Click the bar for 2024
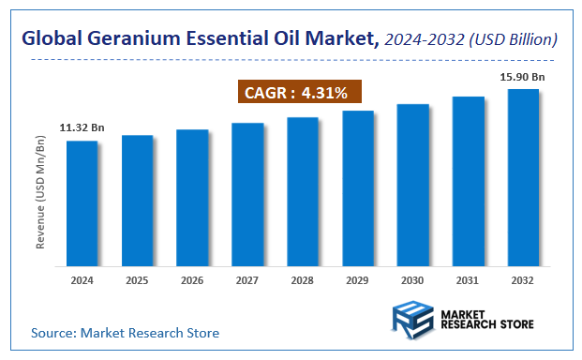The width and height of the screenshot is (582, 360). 82,202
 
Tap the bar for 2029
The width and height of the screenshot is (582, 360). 358,187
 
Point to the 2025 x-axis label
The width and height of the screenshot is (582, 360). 137,280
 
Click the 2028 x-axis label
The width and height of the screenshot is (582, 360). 303,280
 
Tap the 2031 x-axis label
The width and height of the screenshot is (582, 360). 469,280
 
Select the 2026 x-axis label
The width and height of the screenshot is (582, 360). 192,280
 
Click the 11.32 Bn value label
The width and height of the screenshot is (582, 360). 82,127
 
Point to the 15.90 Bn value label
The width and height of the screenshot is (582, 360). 523,75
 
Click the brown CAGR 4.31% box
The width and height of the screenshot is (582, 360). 296,93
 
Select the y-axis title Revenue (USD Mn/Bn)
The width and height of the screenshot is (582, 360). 40,192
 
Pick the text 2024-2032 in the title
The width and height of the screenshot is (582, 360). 423,39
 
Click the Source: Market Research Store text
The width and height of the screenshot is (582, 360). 125,333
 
